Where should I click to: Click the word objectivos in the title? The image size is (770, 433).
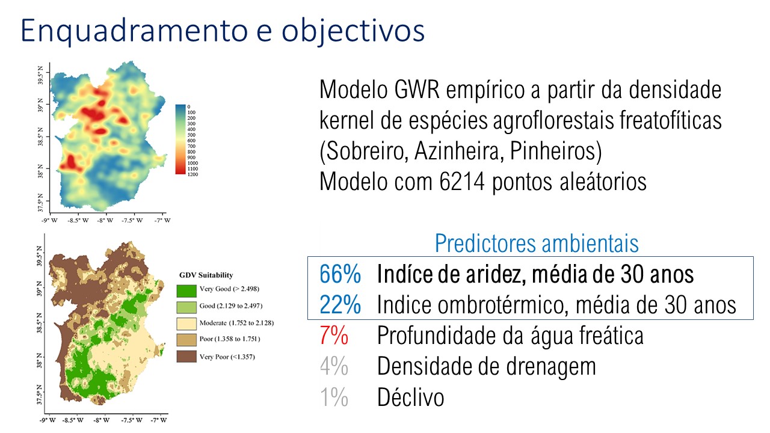pos(353,31)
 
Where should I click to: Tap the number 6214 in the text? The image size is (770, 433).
pos(462,182)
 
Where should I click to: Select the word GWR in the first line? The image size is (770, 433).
pos(417,90)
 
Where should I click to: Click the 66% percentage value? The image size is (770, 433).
pos(340,274)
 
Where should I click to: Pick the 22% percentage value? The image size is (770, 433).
pos(340,305)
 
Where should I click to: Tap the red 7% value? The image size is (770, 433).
pos(334,336)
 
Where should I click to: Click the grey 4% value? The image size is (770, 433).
pos(334,366)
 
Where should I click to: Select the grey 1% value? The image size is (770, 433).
pos(334,398)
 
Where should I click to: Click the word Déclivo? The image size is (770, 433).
pos(411,398)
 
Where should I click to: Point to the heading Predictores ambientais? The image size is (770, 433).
pos(537,243)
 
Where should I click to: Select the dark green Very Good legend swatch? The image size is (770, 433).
pos(186,290)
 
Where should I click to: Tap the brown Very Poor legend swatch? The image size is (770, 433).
pos(186,357)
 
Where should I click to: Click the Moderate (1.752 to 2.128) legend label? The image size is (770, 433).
pos(236,323)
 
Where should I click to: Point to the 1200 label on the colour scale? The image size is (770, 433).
pos(193,174)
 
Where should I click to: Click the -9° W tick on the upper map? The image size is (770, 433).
pos(49,220)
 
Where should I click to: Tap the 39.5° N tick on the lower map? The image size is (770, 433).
pos(40,256)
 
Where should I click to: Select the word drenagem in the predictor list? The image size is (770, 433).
pos(551,367)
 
